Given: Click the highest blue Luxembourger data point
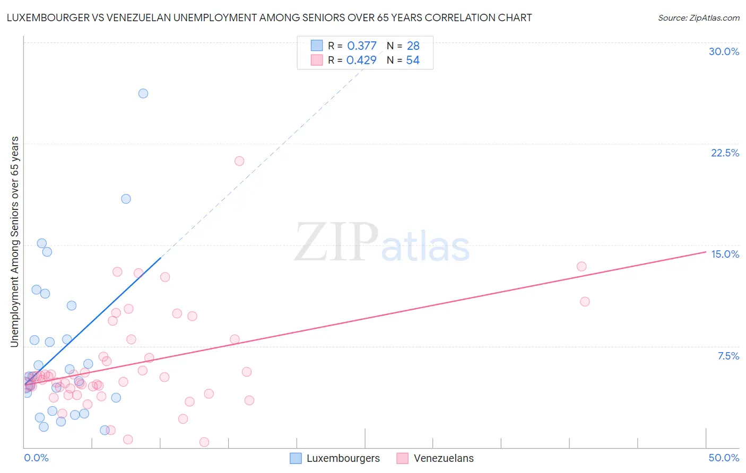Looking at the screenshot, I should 143,93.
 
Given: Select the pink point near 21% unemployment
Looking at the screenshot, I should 239,161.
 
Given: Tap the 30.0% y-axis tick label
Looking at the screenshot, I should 724,51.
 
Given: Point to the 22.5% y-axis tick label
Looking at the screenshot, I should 725,153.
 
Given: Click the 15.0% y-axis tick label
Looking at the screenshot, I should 725,254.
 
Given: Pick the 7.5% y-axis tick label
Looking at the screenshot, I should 728,356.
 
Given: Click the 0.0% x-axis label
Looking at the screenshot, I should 36,458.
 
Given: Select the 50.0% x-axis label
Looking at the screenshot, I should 724,458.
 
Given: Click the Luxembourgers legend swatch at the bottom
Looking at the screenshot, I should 296,458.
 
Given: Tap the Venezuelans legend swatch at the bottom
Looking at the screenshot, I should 403,458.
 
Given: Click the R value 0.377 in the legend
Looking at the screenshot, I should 362,46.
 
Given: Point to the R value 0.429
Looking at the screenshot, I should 361,60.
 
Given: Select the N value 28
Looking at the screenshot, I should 413,46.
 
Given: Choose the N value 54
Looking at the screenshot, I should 413,60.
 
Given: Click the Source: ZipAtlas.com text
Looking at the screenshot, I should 698,18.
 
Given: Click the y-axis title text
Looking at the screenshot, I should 14,242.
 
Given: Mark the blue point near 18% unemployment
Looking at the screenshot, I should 126,199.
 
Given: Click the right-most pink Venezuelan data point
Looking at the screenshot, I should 585,302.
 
